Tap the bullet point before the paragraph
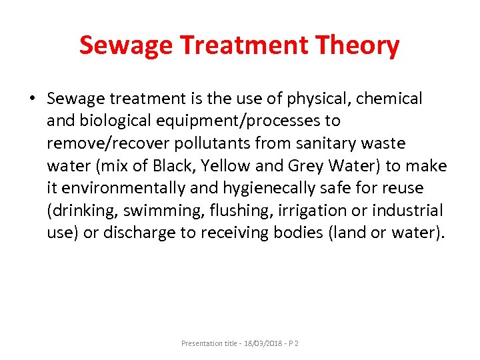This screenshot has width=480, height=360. (31, 99)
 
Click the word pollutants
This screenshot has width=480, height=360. (197, 144)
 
